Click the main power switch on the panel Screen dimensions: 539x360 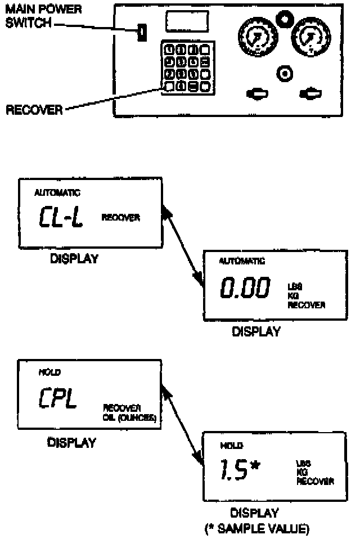tap(142, 33)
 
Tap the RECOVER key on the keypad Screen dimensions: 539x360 tap(169, 86)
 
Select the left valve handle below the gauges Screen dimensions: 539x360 tap(258, 93)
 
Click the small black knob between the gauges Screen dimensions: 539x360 tap(285, 20)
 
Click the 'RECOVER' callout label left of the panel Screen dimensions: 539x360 tap(34, 110)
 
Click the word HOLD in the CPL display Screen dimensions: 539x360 tap(49, 372)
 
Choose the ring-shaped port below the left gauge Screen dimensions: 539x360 tap(285, 73)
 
